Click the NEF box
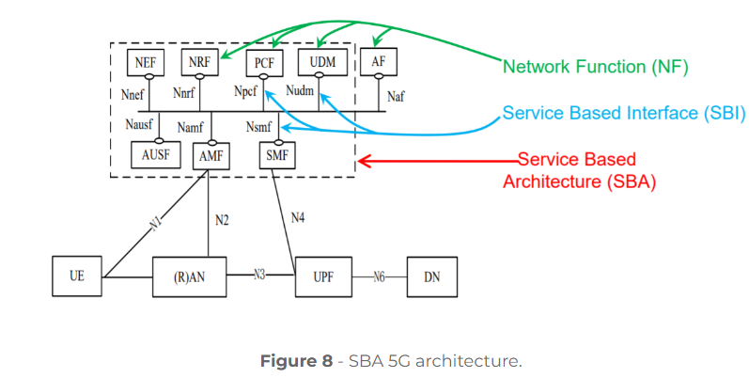pos(146,63)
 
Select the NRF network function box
pos(199,63)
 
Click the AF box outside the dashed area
pos(378,62)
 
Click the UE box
pos(77,276)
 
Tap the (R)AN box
pos(190,276)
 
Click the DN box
pos(430,276)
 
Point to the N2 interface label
pos(222,221)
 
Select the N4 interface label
pos(297,218)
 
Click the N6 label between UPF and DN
pos(380,276)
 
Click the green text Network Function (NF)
pos(596,68)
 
